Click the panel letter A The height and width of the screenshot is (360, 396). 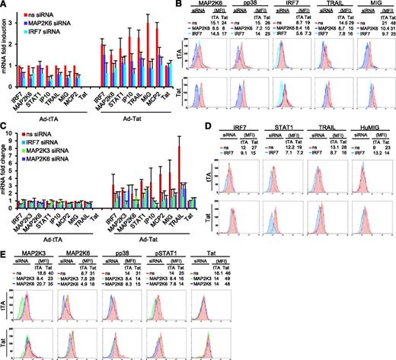pos(5,6)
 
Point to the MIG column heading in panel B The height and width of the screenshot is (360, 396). pos(372,8)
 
